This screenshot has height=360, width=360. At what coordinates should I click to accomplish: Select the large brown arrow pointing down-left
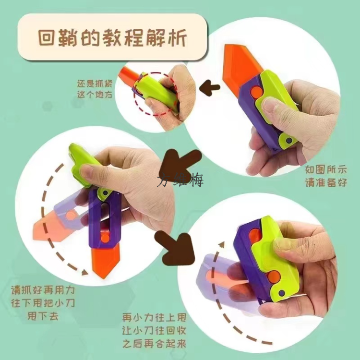[180, 161]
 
